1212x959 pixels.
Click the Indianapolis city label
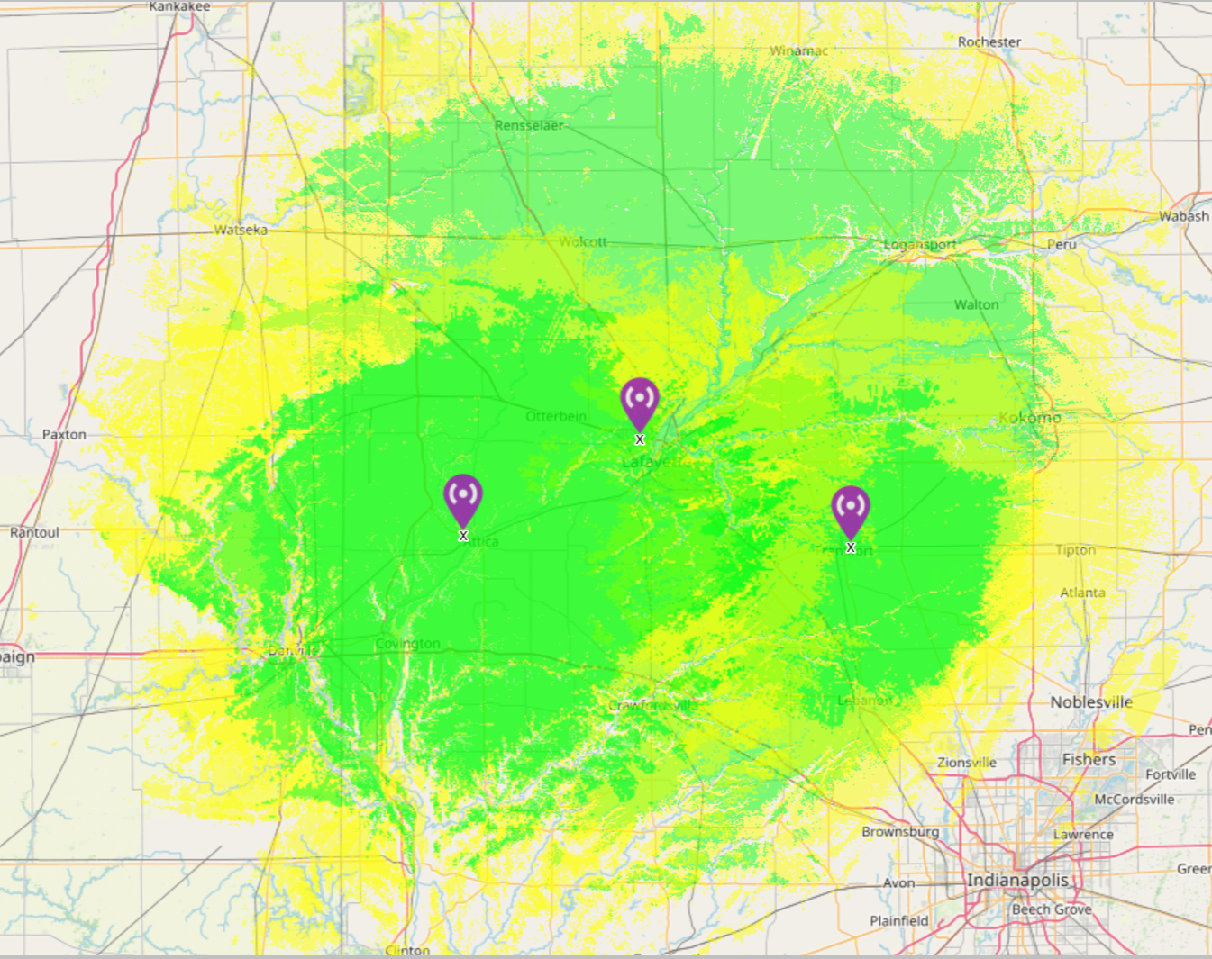click(x=1017, y=880)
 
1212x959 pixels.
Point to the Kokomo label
click(x=1029, y=418)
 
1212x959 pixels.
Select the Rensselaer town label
click(x=529, y=125)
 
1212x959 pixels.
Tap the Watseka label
click(x=241, y=230)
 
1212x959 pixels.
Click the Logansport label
click(x=919, y=245)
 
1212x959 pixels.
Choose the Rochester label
click(x=989, y=41)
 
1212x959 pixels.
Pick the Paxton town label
click(x=64, y=434)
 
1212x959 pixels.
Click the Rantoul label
click(x=34, y=532)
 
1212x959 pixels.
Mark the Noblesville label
click(x=1090, y=702)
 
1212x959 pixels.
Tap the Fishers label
click(x=1089, y=759)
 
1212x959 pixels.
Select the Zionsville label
click(x=966, y=763)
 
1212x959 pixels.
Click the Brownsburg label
click(x=899, y=832)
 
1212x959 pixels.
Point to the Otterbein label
click(x=556, y=416)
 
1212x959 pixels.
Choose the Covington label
click(x=407, y=644)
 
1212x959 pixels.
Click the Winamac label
click(x=798, y=50)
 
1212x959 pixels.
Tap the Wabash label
click(x=1184, y=216)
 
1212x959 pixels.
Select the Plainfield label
click(x=898, y=920)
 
